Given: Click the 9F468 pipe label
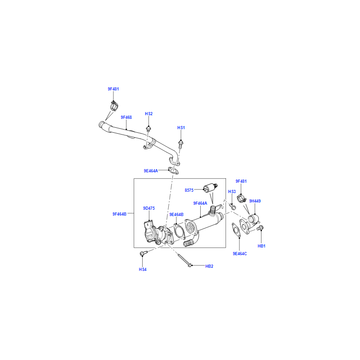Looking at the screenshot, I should (126, 117).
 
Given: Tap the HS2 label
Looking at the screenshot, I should (148, 114).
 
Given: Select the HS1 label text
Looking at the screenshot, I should (181, 128).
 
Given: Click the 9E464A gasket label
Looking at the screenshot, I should (151, 171).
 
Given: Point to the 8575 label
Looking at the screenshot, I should (189, 190).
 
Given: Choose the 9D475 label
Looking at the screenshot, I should (149, 208).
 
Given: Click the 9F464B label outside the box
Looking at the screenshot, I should (119, 214).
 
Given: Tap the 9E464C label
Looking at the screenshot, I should (240, 254).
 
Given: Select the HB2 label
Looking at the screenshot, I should (209, 266).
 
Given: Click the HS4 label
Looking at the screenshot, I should (142, 269).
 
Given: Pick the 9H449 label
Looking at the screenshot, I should (255, 201).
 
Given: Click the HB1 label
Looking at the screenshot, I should (261, 246).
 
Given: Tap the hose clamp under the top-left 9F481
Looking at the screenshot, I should (114, 107).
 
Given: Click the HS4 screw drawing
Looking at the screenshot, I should (143, 254).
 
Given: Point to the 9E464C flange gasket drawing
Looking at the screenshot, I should (237, 229).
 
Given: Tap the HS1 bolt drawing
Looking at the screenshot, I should (180, 144).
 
